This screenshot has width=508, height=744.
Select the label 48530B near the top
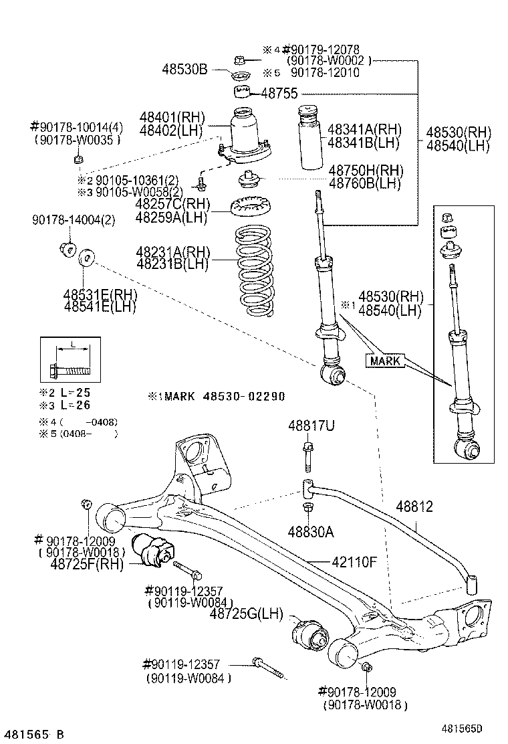pyautogui.click(x=185, y=68)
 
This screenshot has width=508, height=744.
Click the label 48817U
pyautogui.click(x=307, y=426)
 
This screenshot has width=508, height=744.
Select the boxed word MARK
pyautogui.click(x=384, y=361)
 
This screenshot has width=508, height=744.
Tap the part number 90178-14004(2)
pyautogui.click(x=74, y=220)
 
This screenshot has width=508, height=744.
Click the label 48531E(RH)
pyautogui.click(x=100, y=295)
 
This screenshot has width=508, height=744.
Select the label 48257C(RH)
pyautogui.click(x=172, y=204)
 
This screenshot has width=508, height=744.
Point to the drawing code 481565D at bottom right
pyautogui.click(x=461, y=727)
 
